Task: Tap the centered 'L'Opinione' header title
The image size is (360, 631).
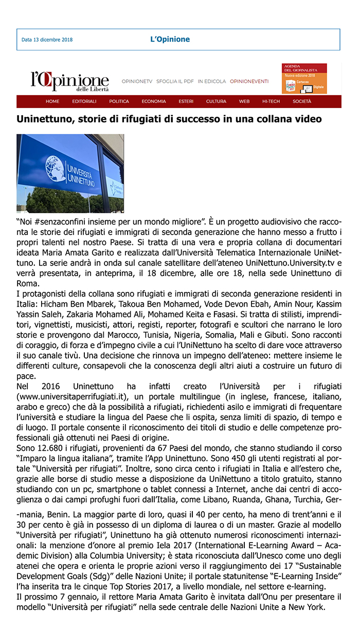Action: [170, 39]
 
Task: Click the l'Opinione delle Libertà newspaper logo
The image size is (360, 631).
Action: [69, 81]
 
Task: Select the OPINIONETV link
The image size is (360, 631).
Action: [137, 81]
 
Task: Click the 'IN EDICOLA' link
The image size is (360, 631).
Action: [211, 81]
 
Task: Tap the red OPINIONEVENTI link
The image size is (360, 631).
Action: [249, 81]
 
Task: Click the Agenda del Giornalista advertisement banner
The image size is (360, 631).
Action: [304, 78]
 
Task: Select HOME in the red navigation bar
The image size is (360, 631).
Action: [52, 101]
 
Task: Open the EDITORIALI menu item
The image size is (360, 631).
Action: [84, 101]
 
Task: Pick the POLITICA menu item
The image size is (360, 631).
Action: [119, 101]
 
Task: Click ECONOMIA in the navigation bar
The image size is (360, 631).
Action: [154, 101]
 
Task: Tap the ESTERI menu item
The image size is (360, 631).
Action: [186, 101]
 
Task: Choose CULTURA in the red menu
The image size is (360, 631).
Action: [216, 101]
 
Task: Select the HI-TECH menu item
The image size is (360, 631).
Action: [271, 101]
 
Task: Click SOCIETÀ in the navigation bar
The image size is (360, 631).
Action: [302, 101]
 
